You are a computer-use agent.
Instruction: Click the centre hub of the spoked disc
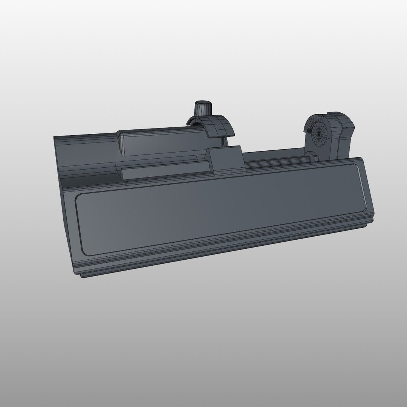[x=318, y=130]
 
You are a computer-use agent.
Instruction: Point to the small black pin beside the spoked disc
[x=308, y=130]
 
